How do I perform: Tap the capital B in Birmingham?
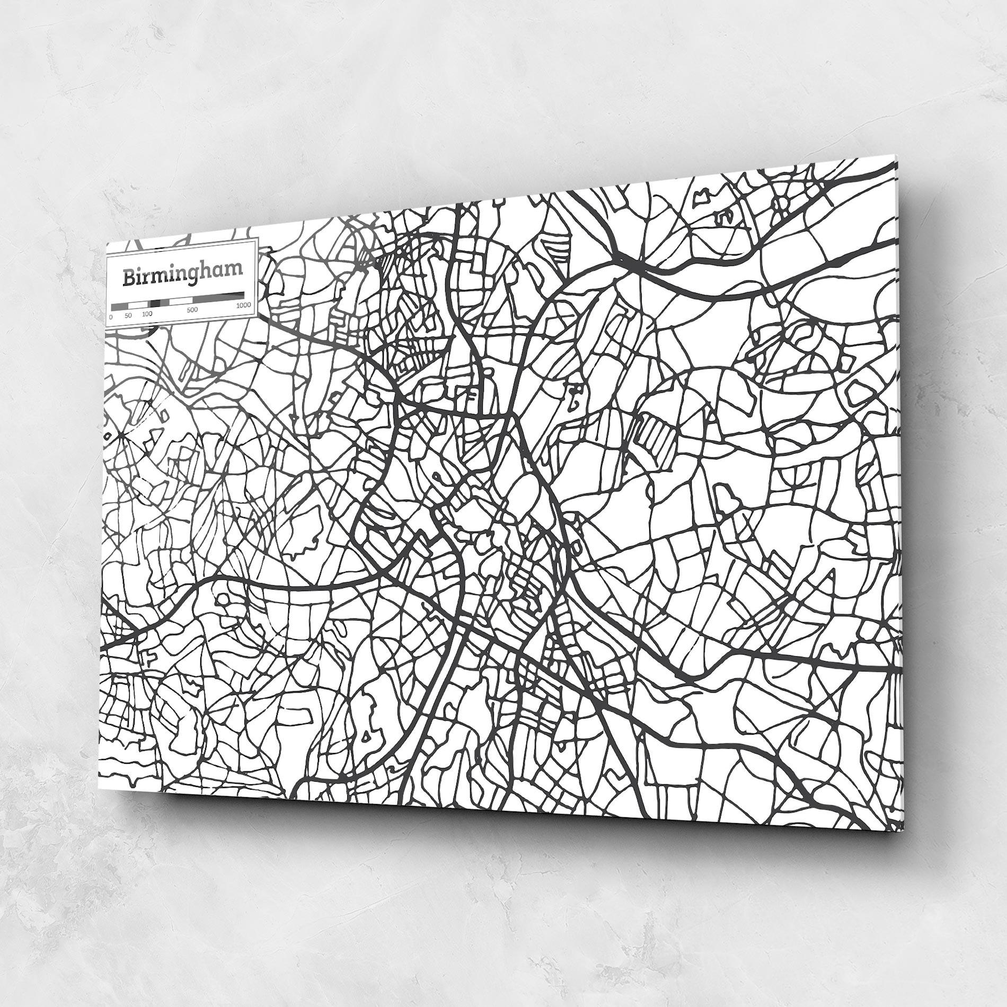pos(129,278)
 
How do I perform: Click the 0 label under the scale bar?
pos(110,317)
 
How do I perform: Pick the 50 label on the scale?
pos(128,315)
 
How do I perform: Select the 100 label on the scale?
pos(147,314)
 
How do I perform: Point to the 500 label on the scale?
pos(192,310)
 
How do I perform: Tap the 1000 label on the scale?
pos(243,305)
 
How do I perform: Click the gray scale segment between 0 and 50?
pos(120,306)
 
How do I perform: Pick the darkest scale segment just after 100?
pos(155,303)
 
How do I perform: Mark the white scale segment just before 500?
pos(181,301)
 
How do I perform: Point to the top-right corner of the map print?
pos(896,155)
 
